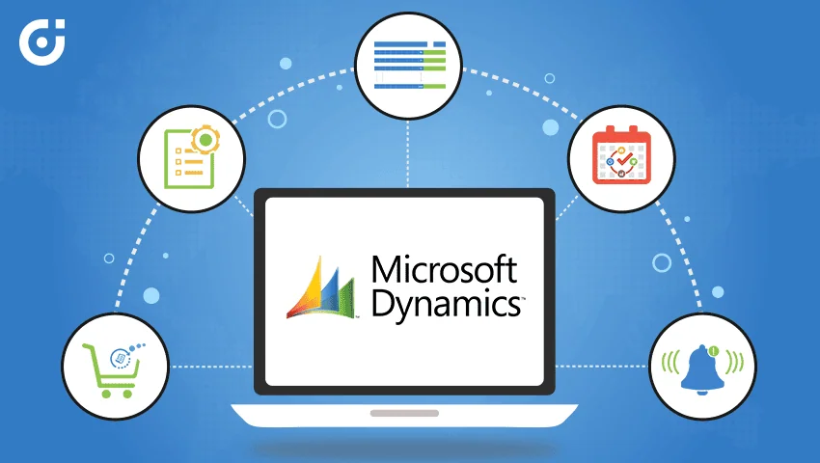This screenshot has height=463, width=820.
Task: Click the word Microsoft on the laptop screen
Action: pyautogui.click(x=445, y=270)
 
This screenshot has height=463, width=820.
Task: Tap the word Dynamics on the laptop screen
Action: pyautogui.click(x=446, y=305)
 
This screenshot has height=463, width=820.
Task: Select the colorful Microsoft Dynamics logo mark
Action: pyautogui.click(x=320, y=287)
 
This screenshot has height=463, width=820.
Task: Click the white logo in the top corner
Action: pyautogui.click(x=41, y=41)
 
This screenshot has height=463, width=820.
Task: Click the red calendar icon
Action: pyautogui.click(x=621, y=155)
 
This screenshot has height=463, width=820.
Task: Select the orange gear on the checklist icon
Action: pyautogui.click(x=205, y=140)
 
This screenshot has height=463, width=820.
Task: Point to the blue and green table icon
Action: pyautogui.click(x=409, y=65)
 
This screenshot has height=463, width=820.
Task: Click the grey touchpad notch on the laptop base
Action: pyautogui.click(x=404, y=413)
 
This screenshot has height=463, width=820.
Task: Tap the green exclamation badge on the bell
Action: pyautogui.click(x=714, y=351)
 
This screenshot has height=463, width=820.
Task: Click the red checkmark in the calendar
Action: pyautogui.click(x=624, y=159)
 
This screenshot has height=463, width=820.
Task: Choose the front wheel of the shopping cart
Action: pyautogui.click(x=127, y=394)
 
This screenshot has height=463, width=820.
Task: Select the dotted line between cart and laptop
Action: pyautogui.click(x=211, y=367)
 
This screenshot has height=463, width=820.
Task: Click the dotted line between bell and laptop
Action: pyautogui.click(x=601, y=367)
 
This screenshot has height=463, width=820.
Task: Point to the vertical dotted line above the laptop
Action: pyautogui.click(x=408, y=153)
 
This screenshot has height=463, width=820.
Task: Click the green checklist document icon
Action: pyautogui.click(x=189, y=158)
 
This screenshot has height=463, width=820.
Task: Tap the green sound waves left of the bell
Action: pyautogui.click(x=670, y=362)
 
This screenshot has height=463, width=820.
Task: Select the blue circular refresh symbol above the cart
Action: pyautogui.click(x=121, y=359)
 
